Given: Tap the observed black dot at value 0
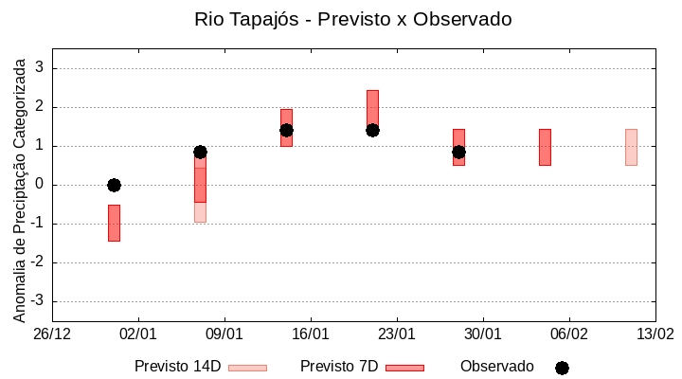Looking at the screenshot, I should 114,185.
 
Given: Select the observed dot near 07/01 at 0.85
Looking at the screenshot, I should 200,152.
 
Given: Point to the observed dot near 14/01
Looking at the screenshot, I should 286,130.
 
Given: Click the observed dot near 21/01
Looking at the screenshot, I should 372,130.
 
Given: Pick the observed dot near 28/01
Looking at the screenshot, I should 458,152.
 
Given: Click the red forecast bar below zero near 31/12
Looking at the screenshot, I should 114,223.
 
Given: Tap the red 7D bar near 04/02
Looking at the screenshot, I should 545,147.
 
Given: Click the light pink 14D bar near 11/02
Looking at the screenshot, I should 631,147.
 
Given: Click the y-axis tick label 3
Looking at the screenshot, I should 41,68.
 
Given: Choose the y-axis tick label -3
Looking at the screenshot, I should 38,301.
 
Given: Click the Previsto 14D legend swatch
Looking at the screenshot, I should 248,368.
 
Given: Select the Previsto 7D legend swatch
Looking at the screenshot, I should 404,368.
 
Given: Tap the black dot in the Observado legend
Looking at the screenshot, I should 562,368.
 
